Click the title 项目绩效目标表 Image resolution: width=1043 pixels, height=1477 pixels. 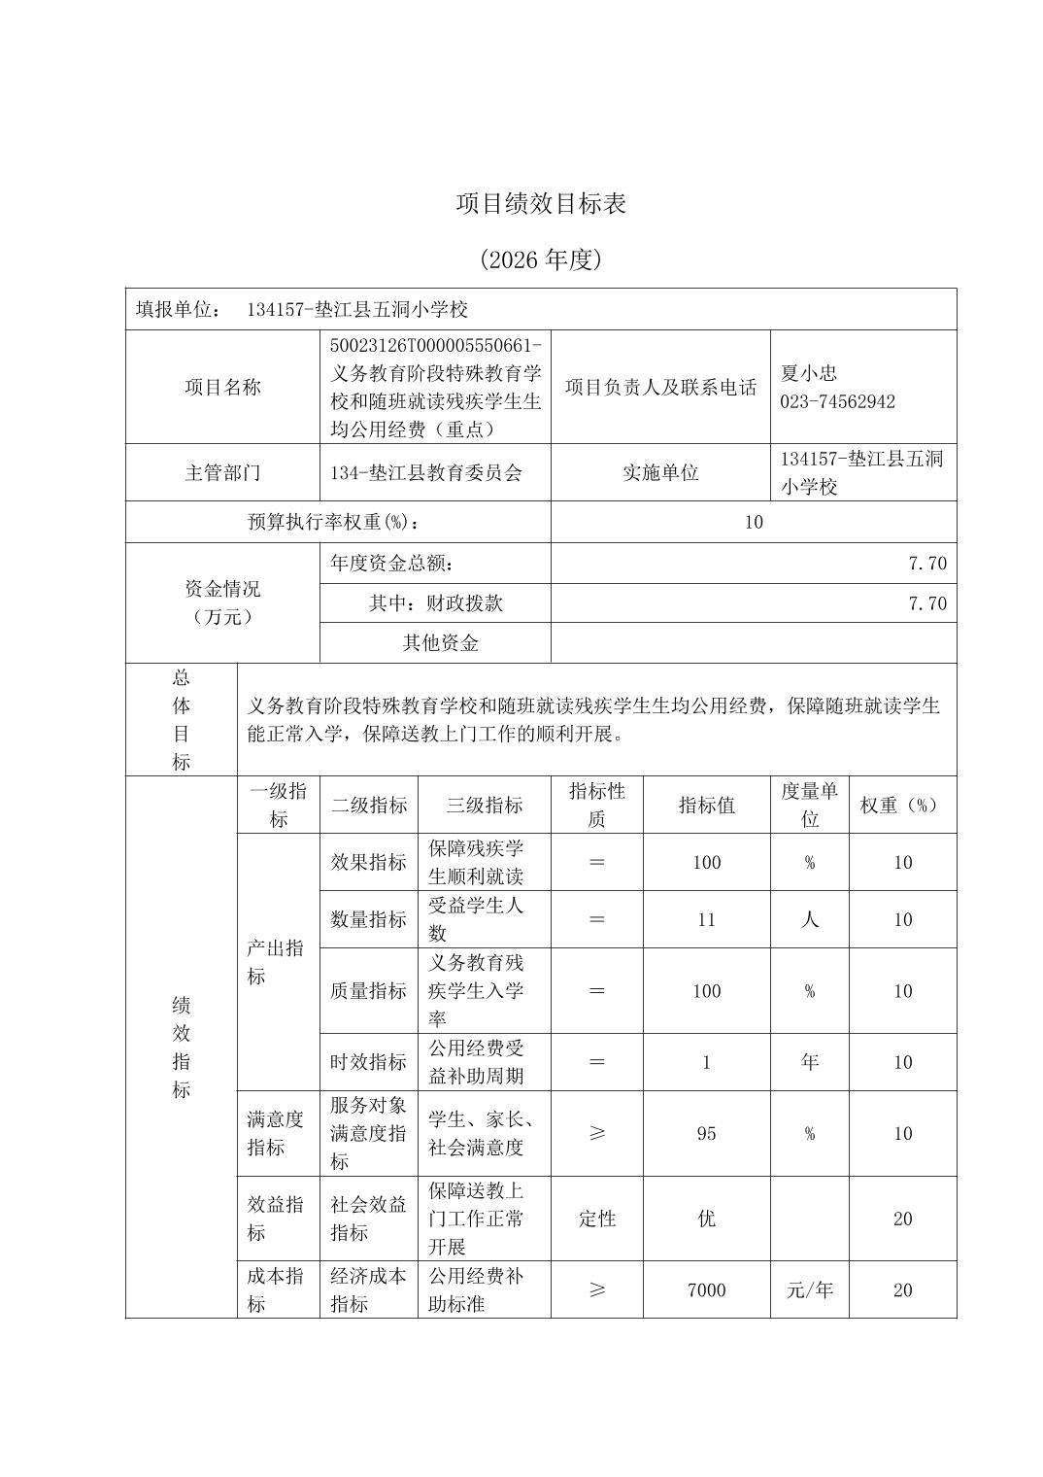541,204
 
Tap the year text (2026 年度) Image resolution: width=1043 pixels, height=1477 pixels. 541,259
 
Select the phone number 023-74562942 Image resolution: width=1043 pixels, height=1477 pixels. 837,401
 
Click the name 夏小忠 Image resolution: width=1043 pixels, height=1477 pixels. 808,373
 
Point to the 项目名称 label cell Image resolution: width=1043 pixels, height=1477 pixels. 222,387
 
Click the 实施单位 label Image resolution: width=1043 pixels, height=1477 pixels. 660,473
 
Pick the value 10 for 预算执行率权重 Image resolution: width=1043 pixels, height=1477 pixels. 754,522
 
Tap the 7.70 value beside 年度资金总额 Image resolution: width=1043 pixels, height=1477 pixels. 926,564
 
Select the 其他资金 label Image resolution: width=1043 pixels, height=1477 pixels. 440,643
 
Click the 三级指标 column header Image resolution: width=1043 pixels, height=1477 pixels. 484,806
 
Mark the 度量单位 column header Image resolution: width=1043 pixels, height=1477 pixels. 809,806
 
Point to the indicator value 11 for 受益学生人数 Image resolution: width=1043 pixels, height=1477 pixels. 706,919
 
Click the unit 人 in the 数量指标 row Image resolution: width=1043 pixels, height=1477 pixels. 809,919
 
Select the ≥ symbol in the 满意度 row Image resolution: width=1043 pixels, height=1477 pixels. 596,1133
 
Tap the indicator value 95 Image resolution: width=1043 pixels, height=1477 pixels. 706,1133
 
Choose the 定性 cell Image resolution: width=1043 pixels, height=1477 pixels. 596,1219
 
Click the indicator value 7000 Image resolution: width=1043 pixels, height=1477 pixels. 706,1289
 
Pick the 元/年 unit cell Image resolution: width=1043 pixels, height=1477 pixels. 809,1289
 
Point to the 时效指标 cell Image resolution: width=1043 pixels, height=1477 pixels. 368,1062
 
